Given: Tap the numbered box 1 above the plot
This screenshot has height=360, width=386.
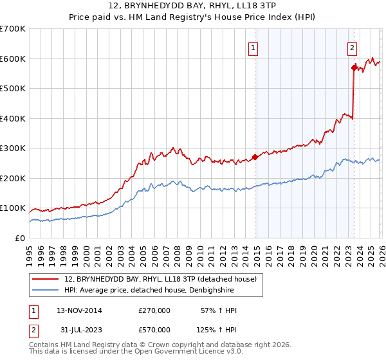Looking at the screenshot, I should [x=253, y=48].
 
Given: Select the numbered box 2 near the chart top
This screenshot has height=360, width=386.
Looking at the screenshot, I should [x=353, y=48].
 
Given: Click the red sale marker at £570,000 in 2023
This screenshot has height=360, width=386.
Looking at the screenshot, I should [x=354, y=67].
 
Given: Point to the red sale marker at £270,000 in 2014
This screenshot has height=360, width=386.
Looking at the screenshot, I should [x=255, y=157].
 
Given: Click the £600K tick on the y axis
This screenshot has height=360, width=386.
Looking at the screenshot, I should [x=12, y=59].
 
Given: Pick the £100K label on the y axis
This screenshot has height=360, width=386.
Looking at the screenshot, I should [x=12, y=208].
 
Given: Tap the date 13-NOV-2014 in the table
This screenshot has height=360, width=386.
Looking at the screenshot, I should [x=79, y=310].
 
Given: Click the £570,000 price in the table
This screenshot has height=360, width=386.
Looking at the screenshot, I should [x=154, y=330].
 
